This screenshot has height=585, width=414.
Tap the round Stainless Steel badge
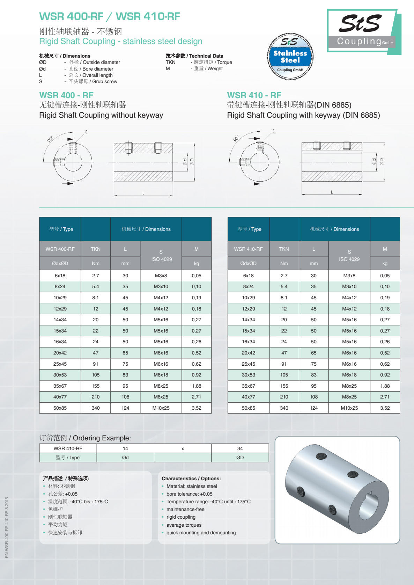click(x=290, y=57)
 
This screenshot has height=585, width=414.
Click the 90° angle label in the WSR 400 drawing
click(x=50, y=139)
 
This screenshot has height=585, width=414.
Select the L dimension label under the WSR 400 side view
click(x=143, y=193)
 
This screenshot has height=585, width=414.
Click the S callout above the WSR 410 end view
click(x=273, y=131)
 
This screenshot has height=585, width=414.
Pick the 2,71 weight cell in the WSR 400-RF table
click(x=197, y=397)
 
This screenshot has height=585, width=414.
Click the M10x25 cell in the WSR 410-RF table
click(x=349, y=408)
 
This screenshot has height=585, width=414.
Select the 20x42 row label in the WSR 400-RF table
click(x=60, y=353)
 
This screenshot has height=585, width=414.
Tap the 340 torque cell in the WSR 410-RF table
click(x=284, y=408)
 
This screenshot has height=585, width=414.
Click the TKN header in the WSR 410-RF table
click(x=284, y=249)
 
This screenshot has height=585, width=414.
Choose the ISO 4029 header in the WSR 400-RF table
click(x=161, y=259)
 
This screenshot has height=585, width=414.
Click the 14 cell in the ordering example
click(x=125, y=448)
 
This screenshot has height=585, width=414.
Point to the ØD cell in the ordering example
click(x=240, y=458)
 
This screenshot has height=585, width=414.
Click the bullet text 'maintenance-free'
click(x=185, y=509)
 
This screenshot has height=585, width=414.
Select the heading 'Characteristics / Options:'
click(x=191, y=478)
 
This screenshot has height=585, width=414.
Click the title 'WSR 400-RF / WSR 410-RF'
click(x=110, y=16)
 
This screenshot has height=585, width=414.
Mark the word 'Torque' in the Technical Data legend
click(x=224, y=62)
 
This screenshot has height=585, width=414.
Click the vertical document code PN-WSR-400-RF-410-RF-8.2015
click(x=7, y=527)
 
